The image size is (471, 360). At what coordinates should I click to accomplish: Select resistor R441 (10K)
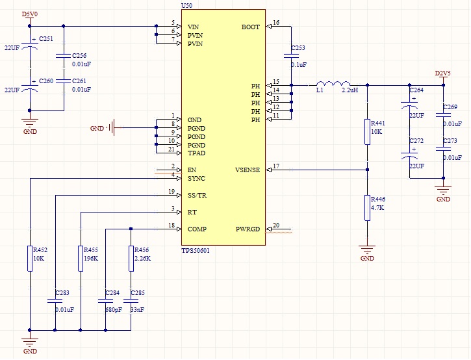click(367, 131)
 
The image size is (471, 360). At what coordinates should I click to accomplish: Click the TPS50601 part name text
click(196, 250)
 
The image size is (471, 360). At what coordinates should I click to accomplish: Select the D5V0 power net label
click(29, 14)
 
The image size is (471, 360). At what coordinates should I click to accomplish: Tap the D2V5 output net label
click(442, 73)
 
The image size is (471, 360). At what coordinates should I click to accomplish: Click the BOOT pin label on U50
click(250, 27)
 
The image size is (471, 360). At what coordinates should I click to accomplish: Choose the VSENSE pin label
click(247, 170)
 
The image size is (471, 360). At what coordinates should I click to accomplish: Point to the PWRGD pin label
click(248, 229)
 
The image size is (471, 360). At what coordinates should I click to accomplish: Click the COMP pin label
click(197, 229)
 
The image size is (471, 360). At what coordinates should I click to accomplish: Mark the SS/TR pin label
click(197, 196)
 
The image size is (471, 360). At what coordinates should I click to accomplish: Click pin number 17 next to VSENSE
click(276, 166)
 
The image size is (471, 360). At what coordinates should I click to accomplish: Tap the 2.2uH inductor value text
click(350, 91)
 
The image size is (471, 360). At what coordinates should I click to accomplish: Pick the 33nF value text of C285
click(138, 311)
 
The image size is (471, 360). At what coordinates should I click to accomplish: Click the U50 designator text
click(186, 5)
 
